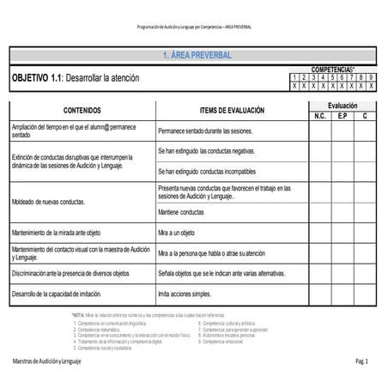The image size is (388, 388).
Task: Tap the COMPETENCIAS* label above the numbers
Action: coord(335,69)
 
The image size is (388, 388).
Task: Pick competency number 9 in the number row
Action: coord(372,77)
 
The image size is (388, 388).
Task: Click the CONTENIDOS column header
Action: coord(82,110)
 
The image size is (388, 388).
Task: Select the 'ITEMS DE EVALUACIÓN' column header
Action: coord(232,110)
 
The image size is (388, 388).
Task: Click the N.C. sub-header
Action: coord(320,115)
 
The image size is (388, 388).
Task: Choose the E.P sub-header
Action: coord(343,115)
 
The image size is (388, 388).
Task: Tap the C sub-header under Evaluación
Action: coord(365,115)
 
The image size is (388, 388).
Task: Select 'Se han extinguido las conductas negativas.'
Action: coord(207,151)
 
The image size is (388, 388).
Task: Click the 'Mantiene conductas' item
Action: coord(181,211)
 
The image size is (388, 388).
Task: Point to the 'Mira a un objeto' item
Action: coord(177,232)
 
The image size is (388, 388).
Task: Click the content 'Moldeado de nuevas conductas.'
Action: coord(48,202)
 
